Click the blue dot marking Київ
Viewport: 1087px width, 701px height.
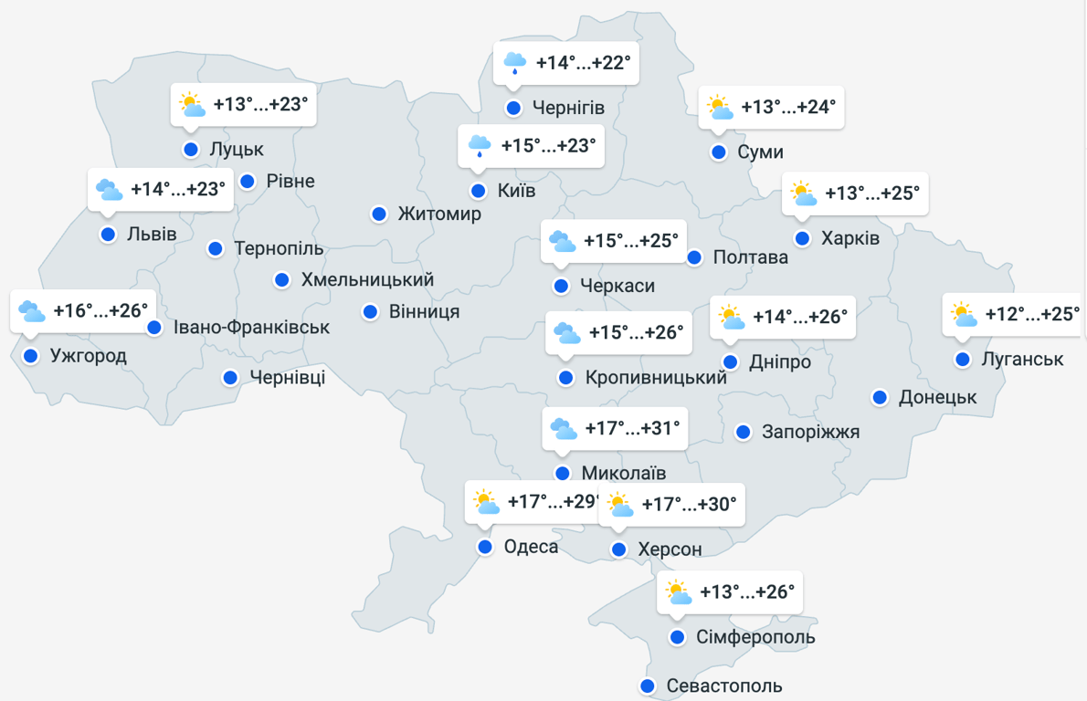tap(478, 191)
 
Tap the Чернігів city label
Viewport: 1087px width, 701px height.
tap(568, 108)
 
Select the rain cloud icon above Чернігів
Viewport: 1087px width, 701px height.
tap(515, 63)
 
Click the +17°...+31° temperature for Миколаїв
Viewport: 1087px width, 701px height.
tap(633, 429)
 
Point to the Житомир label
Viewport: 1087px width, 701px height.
tap(439, 214)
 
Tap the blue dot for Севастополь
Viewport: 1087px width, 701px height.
tap(648, 685)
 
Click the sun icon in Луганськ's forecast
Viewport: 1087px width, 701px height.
tap(963, 315)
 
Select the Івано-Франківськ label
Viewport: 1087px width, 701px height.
tap(252, 327)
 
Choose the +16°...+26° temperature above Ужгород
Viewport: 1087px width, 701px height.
tap(100, 311)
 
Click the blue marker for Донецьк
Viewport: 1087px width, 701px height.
tap(880, 397)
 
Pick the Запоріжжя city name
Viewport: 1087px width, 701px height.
tap(811, 432)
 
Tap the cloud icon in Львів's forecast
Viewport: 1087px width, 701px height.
tap(110, 190)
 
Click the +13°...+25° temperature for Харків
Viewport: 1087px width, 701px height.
tap(871, 194)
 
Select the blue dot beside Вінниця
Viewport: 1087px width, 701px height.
tap(370, 311)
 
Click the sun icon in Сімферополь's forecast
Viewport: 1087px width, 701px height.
tap(678, 592)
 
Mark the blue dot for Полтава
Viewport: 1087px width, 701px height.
tap(694, 257)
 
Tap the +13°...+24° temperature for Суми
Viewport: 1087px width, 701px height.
tap(788, 107)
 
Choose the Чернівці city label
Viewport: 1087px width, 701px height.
tap(287, 377)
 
